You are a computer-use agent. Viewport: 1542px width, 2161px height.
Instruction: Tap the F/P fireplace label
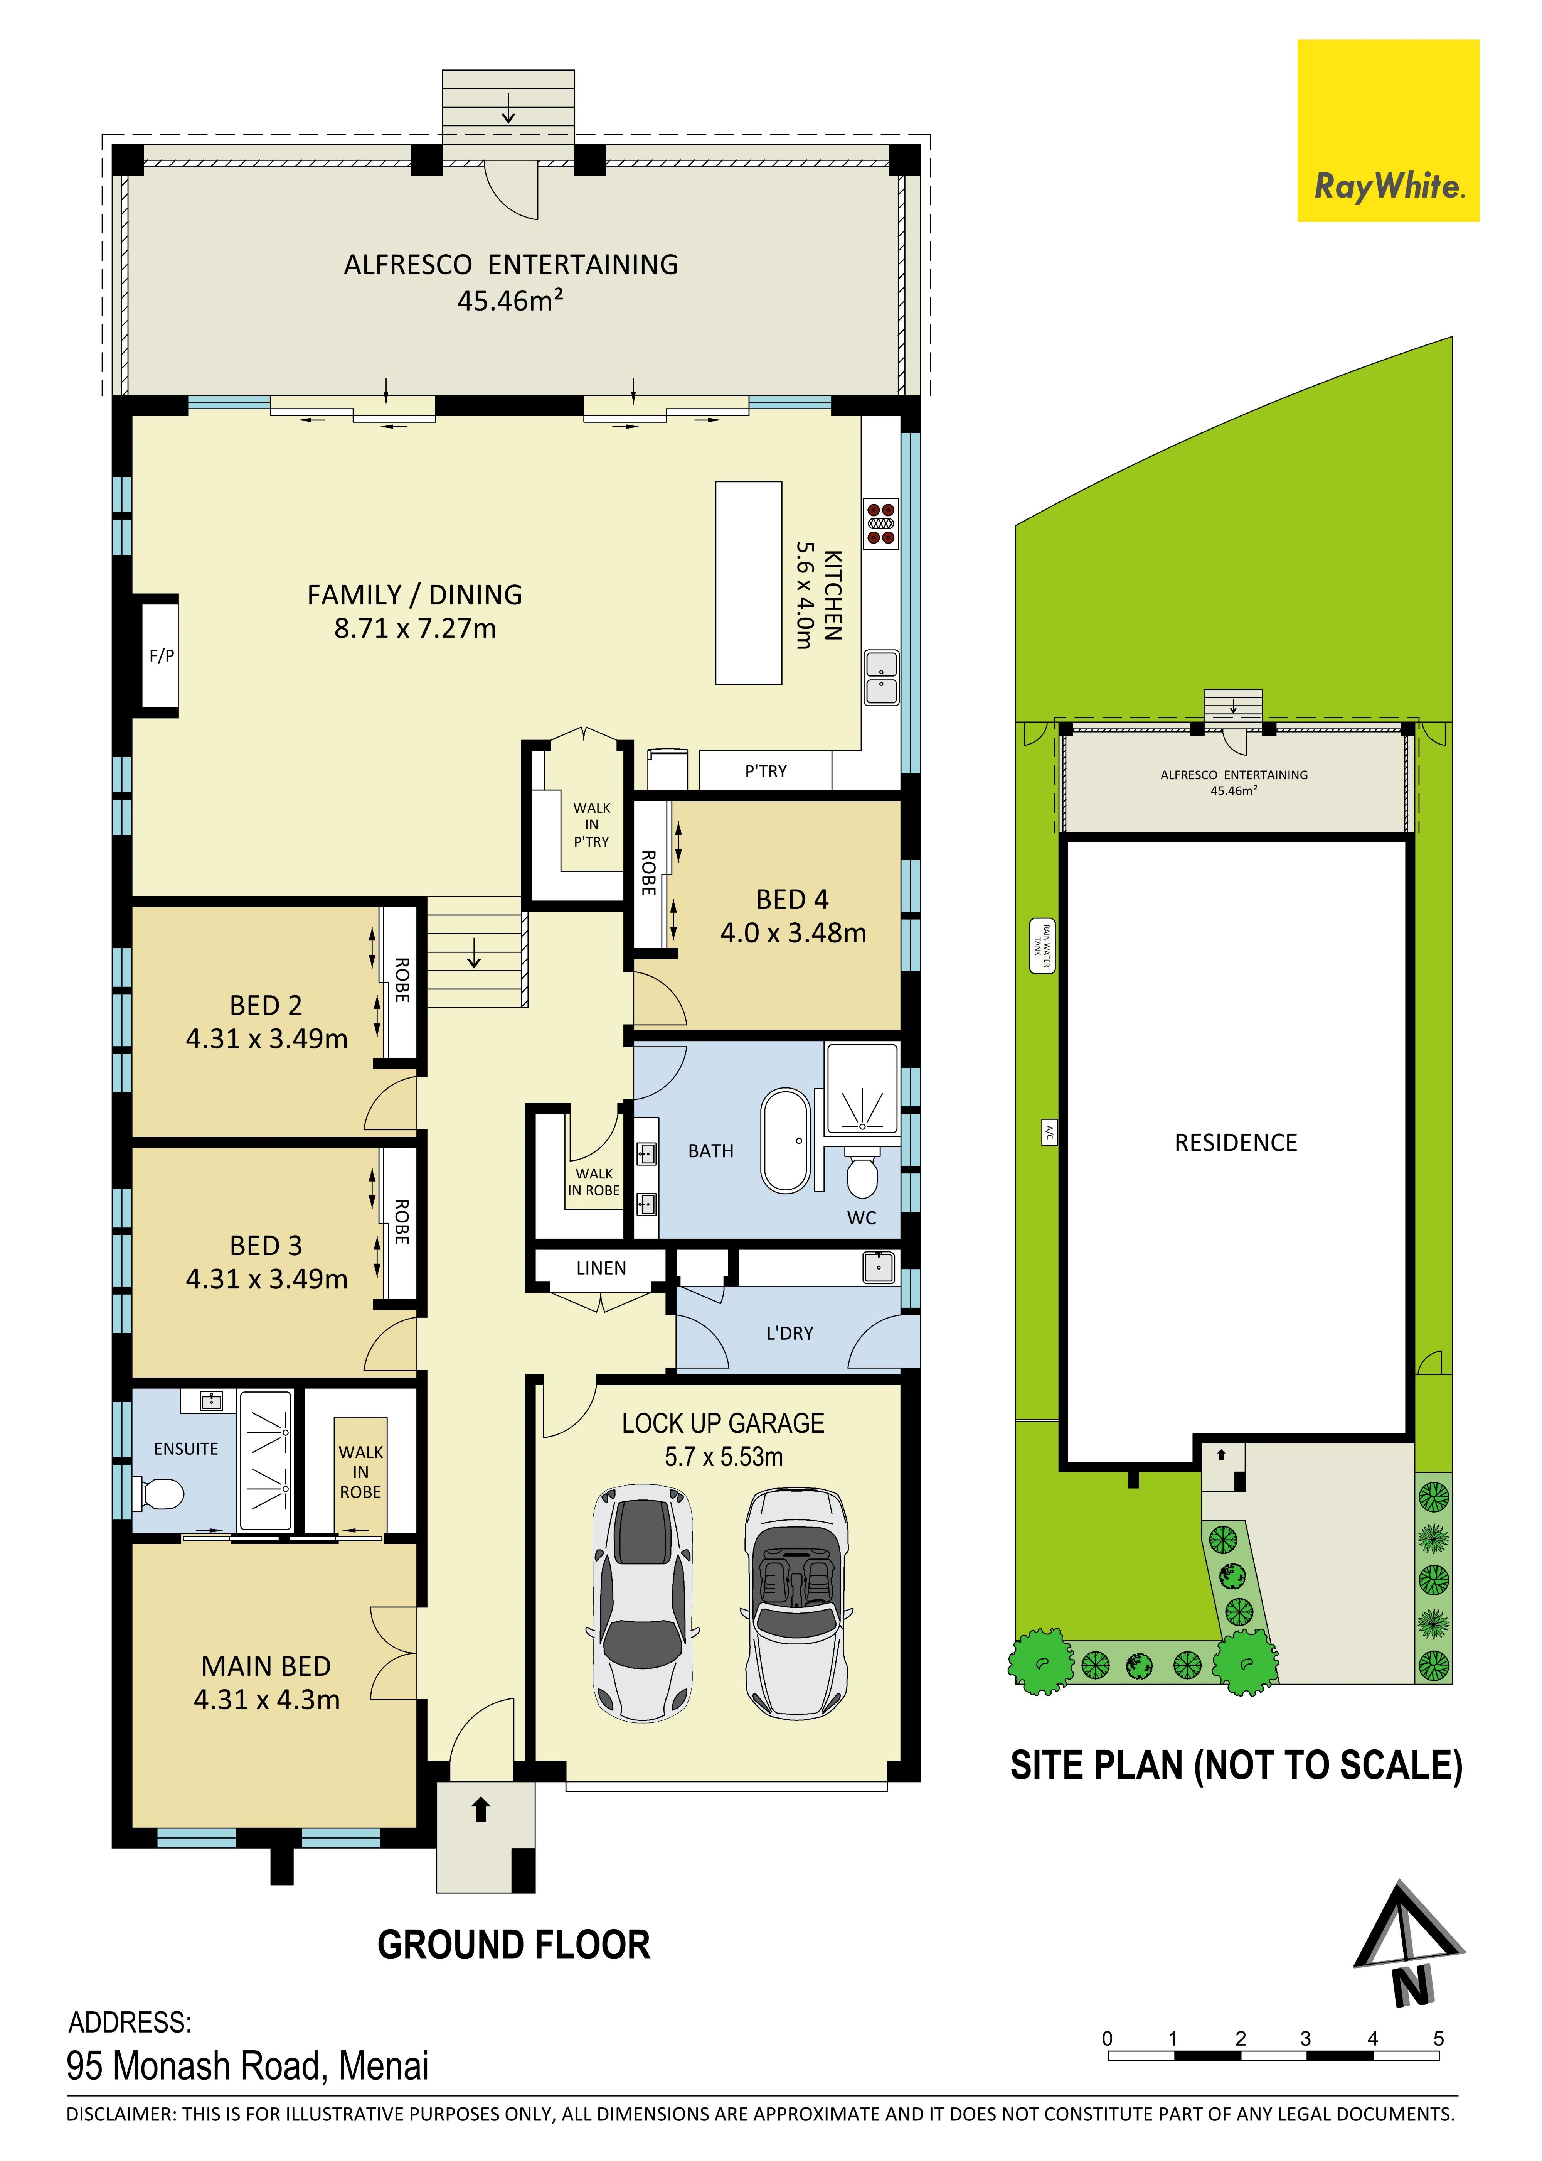[x=162, y=655]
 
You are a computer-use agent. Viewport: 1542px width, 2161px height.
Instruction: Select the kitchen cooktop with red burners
[x=880, y=522]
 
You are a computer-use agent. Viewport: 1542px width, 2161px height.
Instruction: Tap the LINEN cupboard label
[x=601, y=1268]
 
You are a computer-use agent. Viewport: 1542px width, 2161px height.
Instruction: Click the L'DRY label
[x=790, y=1333]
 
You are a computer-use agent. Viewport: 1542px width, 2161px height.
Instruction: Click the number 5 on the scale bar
[x=1439, y=2038]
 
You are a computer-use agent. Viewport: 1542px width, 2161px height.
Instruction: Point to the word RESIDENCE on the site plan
[x=1235, y=1143]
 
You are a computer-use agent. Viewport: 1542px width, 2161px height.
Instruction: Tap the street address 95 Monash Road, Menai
[x=248, y=2066]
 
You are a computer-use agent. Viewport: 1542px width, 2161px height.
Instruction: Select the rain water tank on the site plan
[x=1042, y=945]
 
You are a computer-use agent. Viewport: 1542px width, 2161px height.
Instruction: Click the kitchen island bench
[x=748, y=582]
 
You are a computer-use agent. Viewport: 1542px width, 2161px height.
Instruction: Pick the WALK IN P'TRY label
[x=591, y=824]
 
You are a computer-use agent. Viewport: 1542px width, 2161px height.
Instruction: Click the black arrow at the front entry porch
[x=480, y=1810]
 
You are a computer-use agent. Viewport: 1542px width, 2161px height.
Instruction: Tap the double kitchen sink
[x=881, y=677]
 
